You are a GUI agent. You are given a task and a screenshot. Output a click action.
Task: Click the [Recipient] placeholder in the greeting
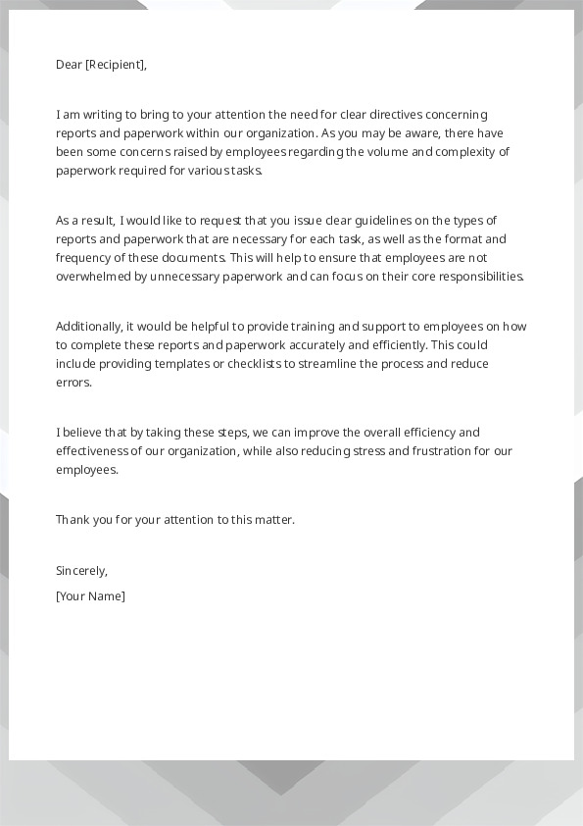tap(116, 66)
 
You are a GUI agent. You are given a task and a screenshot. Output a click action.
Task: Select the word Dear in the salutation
tap(69, 66)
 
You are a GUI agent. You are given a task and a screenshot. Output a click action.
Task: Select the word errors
tap(73, 383)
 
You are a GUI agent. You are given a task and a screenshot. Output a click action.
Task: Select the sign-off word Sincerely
tap(81, 571)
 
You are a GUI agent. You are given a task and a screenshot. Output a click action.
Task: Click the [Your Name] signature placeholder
tap(90, 596)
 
